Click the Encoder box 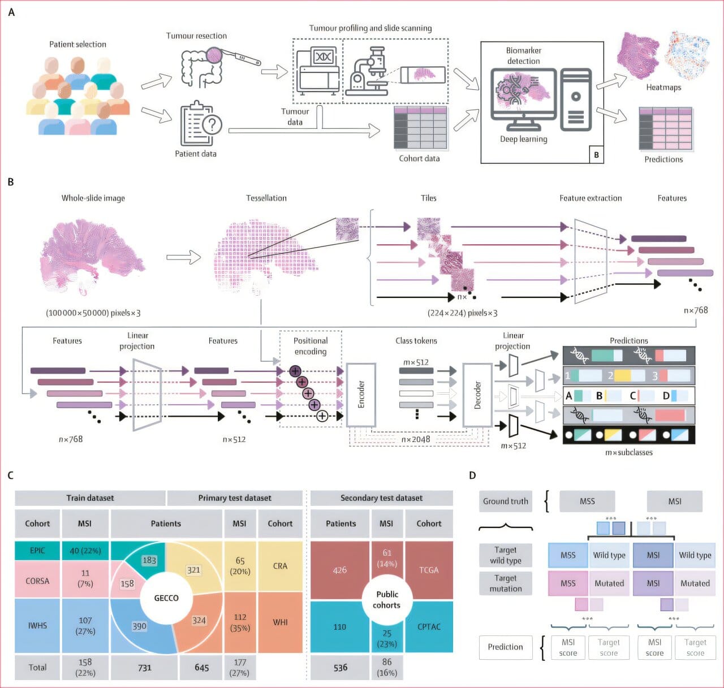361,395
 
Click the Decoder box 477,395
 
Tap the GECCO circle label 166,598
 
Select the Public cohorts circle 386,599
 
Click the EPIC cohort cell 37,551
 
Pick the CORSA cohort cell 37,581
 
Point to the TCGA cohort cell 429,570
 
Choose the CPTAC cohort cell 429,626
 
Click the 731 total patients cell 145,668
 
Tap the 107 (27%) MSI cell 85,625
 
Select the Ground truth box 505,501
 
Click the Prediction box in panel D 505,647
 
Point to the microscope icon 368,72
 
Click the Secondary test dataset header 381,498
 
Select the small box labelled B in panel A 596,154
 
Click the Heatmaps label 663,88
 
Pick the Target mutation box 505,583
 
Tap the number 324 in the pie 199,620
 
